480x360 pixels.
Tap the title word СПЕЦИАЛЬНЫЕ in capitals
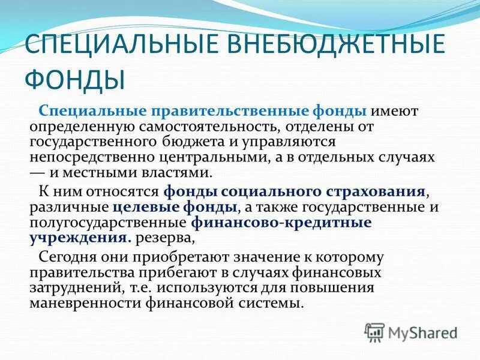[x=112, y=46]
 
